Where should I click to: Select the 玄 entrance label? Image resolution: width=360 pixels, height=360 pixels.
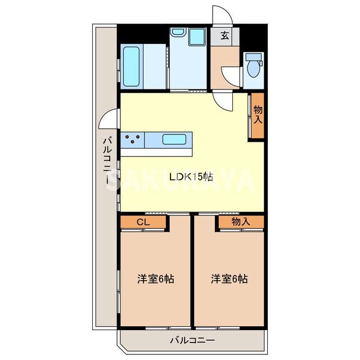224,36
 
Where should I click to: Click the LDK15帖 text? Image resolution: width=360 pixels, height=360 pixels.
191,177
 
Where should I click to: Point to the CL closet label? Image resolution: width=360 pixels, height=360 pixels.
143,222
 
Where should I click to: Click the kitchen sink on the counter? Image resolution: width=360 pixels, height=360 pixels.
178,138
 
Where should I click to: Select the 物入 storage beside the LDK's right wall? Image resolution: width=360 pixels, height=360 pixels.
258,115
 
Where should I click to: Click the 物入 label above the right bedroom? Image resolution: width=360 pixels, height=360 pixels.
241,222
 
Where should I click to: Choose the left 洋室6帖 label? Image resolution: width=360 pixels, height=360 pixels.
156,278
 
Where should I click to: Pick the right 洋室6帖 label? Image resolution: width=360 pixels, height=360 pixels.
229,278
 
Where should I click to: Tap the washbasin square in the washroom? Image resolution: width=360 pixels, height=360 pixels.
196,38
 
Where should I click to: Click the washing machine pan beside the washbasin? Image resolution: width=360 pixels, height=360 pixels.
179,38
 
